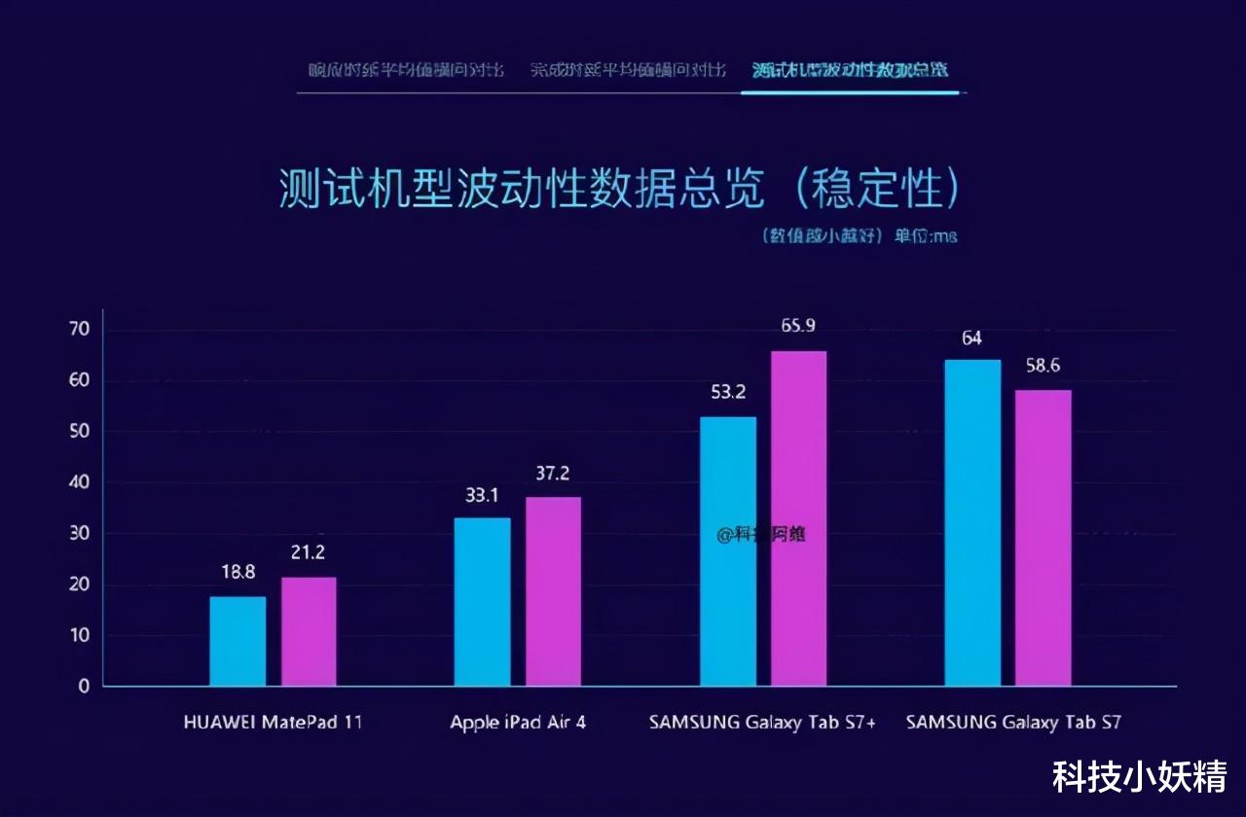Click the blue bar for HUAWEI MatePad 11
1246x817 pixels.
[238, 641]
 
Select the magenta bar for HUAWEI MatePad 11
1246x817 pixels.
[309, 631]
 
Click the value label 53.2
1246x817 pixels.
[728, 393]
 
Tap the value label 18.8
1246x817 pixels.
[238, 573]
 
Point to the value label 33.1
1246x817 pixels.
[482, 495]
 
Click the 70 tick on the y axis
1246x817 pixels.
[80, 330]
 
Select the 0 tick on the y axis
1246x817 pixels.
[84, 687]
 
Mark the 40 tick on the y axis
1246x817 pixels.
[80, 482]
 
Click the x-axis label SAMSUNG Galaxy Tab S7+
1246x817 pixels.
[762, 723]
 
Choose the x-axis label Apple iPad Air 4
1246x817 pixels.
[517, 723]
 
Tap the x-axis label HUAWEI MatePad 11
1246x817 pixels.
[273, 723]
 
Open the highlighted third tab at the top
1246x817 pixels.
[850, 70]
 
